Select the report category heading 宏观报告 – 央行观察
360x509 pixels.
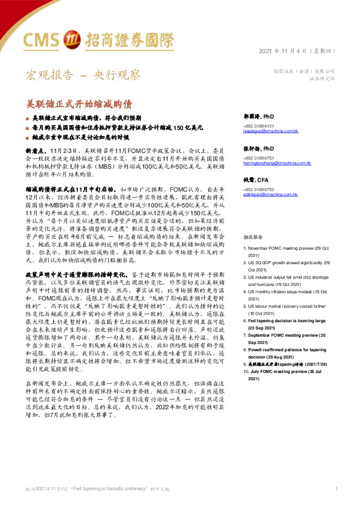pos(82,75)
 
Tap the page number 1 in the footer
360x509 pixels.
pos(336,487)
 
